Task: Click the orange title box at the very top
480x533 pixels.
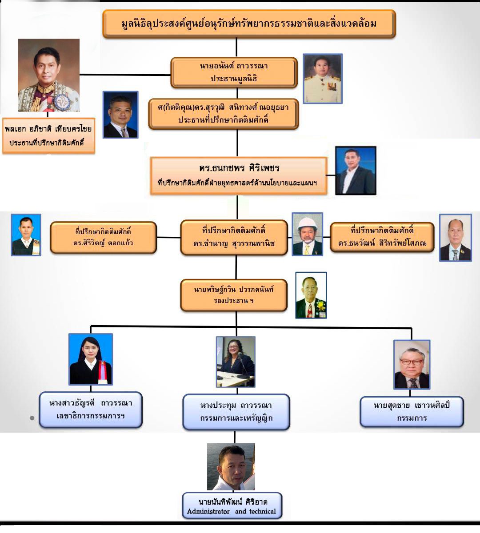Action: tap(249, 24)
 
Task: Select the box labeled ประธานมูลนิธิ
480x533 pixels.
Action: tap(234, 72)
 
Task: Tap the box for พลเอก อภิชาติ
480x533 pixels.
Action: tap(48, 135)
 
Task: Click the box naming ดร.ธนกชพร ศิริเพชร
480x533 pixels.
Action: tap(239, 175)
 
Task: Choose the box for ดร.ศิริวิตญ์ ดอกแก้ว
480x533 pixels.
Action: tap(103, 237)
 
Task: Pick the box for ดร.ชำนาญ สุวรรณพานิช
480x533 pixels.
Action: tap(234, 237)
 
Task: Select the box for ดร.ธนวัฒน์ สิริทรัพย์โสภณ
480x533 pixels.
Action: tap(382, 237)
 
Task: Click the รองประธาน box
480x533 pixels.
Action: tap(234, 295)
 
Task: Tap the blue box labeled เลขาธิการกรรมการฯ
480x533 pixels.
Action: tap(91, 410)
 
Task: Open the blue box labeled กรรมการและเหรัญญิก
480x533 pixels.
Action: tap(236, 412)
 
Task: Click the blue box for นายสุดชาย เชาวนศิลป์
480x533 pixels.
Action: tap(412, 412)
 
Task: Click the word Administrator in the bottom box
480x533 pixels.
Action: tap(208, 511)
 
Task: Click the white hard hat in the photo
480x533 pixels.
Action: tap(307, 223)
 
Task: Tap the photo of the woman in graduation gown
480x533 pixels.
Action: tap(91, 359)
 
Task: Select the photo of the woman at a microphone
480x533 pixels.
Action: tap(236, 362)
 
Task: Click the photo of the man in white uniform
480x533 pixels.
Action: tap(323, 79)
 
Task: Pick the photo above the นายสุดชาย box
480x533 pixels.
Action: tap(412, 365)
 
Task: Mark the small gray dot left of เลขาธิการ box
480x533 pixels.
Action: tap(32, 418)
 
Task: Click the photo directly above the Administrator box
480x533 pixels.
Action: tap(231, 467)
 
